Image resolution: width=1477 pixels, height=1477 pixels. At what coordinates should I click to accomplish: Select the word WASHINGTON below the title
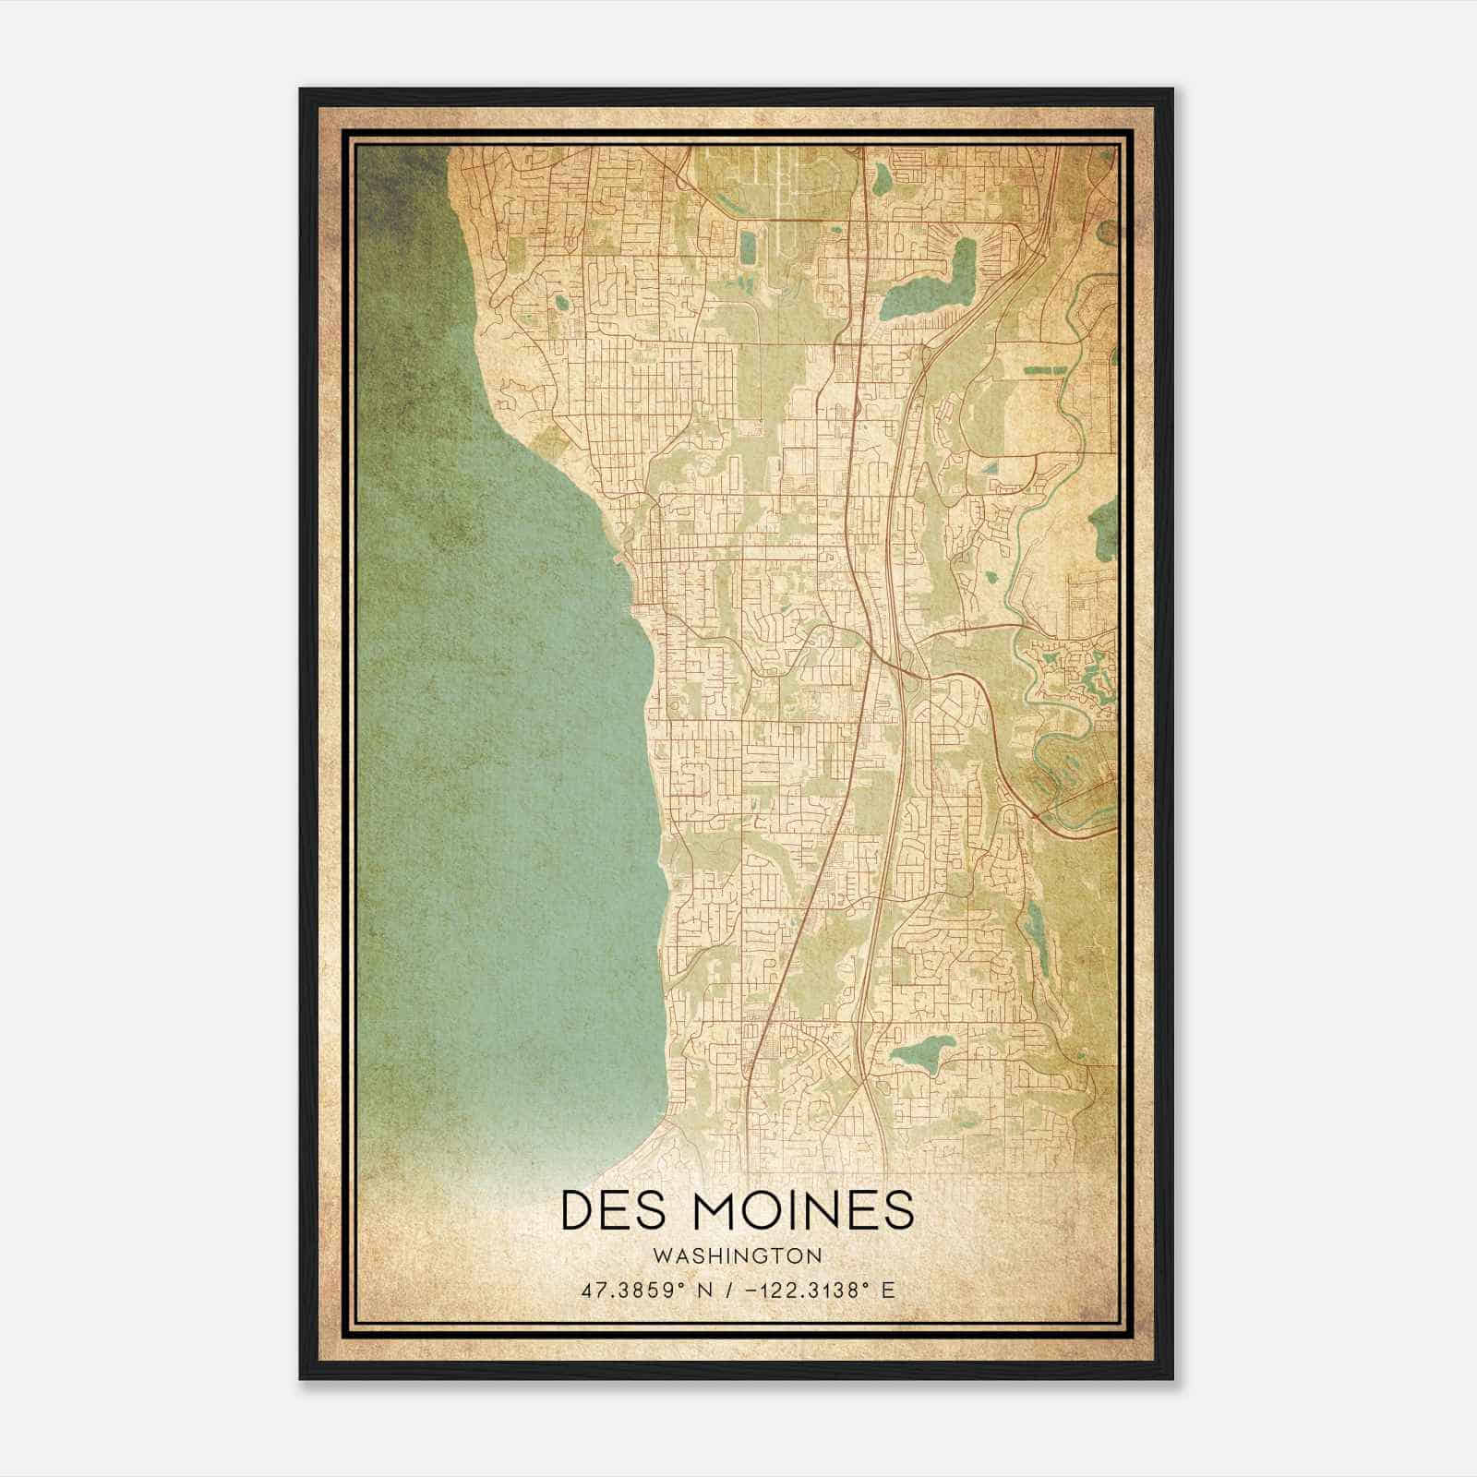(x=737, y=1255)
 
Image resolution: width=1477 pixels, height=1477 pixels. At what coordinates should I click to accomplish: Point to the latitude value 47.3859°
(x=630, y=1291)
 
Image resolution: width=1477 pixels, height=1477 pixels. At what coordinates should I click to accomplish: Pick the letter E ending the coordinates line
(x=888, y=1291)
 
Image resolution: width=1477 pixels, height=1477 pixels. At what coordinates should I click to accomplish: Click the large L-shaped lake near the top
(x=928, y=294)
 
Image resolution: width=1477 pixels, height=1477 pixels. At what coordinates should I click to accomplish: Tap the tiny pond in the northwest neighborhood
(x=561, y=302)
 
